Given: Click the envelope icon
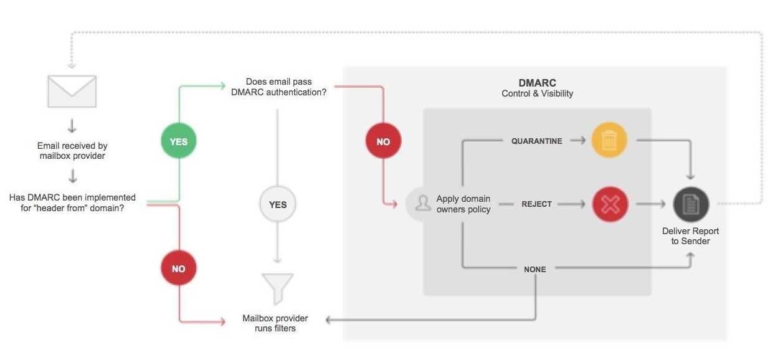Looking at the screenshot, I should (x=72, y=91).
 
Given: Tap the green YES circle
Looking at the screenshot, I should (x=178, y=141).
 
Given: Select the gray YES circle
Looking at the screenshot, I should (x=278, y=204).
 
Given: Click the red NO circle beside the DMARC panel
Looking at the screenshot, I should (x=383, y=141).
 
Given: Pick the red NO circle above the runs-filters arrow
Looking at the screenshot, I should (x=178, y=269).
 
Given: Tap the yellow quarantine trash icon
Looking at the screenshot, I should (x=610, y=141).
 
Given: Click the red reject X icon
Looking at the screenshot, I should (x=610, y=204).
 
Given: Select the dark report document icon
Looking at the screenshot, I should (x=691, y=204).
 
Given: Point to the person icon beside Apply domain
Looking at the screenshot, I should (x=423, y=204).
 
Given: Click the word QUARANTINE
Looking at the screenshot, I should (x=536, y=141).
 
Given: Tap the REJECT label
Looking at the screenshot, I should (x=536, y=204).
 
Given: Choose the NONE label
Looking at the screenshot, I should (x=535, y=270).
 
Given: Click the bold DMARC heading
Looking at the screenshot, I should (x=537, y=83).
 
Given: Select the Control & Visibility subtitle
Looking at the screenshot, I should (x=537, y=94).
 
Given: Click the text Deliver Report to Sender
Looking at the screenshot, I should (x=690, y=236).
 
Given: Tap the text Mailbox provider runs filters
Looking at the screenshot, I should (x=275, y=323).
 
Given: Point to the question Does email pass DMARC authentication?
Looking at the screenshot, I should (x=278, y=87).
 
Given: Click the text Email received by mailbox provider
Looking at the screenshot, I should (x=72, y=151).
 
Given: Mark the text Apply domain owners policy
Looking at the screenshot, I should (x=463, y=204).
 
